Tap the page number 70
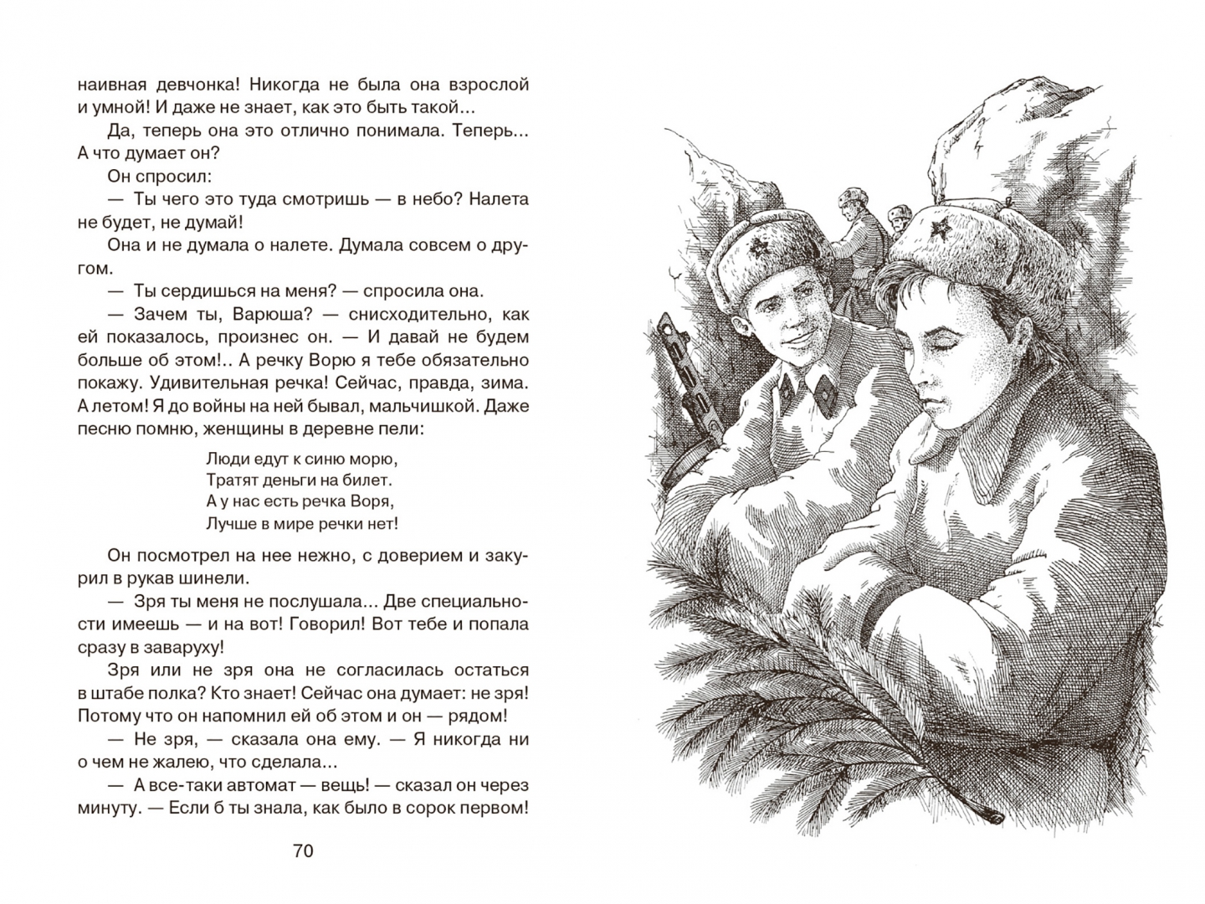pos(303,851)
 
